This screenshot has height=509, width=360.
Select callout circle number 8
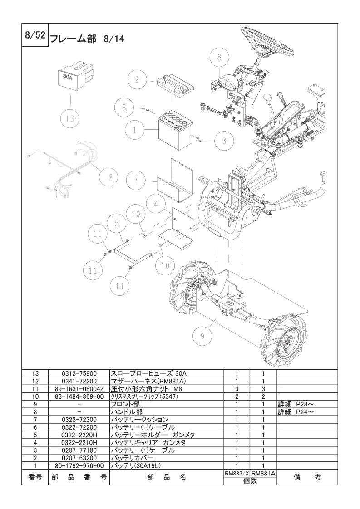219,58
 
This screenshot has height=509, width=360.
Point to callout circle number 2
136,79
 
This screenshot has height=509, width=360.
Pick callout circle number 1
135,130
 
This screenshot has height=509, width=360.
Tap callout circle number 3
223,141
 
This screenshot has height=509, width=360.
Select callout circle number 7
135,181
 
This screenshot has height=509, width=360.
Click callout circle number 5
116,223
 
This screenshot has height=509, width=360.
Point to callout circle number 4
156,204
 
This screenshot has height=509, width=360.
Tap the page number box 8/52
35,35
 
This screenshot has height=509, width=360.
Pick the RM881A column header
263,473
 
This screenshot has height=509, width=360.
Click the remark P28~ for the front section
296,403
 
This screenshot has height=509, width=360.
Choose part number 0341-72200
79,382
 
